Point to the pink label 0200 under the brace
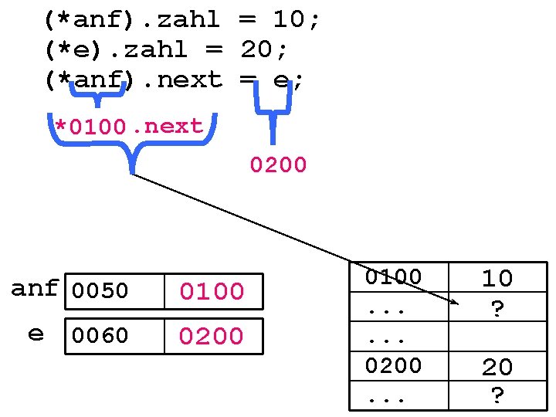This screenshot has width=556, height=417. coord(278,164)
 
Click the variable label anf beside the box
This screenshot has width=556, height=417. coord(35,289)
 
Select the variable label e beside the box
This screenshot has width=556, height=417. coord(36,334)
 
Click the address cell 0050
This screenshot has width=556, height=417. coord(100,292)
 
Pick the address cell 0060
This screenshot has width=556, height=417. coord(100,336)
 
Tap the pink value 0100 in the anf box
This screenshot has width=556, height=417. coord(212,292)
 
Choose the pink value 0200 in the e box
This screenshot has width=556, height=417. coord(212,336)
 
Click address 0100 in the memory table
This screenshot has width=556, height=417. coord(394,276)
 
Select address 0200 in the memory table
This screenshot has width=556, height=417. coord(394,364)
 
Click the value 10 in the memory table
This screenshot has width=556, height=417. coord(497,278)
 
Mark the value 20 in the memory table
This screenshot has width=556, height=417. coord(497,368)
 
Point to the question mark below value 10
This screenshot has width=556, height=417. coord(498,308)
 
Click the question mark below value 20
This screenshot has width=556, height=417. coord(498,395)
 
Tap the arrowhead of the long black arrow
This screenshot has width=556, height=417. coord(456,303)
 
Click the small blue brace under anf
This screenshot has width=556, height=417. coord(97,94)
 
